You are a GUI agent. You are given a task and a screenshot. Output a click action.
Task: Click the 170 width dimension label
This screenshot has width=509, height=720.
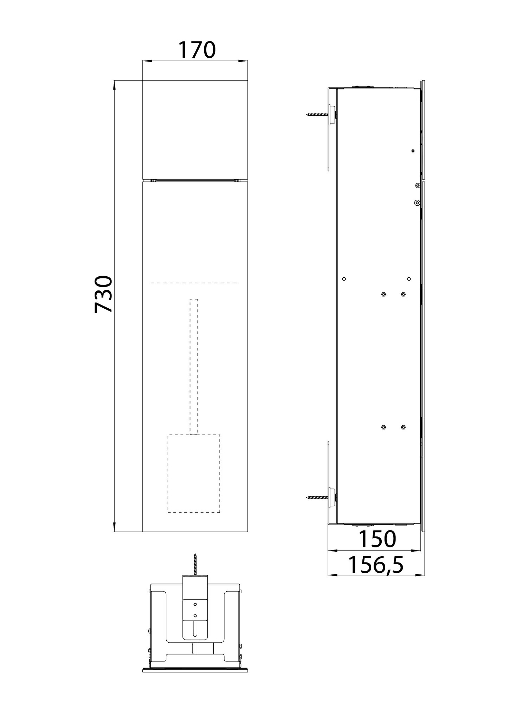[x=197, y=50]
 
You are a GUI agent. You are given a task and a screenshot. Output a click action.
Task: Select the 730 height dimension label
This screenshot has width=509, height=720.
[x=104, y=294]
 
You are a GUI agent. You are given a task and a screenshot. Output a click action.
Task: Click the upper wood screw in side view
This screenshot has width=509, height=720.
[x=317, y=114]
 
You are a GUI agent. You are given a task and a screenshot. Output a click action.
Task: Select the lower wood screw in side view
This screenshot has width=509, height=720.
[x=317, y=497]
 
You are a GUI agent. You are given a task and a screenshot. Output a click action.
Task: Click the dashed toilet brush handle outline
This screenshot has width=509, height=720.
[x=194, y=367]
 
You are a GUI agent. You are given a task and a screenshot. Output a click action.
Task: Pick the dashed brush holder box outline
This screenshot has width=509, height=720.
[x=194, y=474]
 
